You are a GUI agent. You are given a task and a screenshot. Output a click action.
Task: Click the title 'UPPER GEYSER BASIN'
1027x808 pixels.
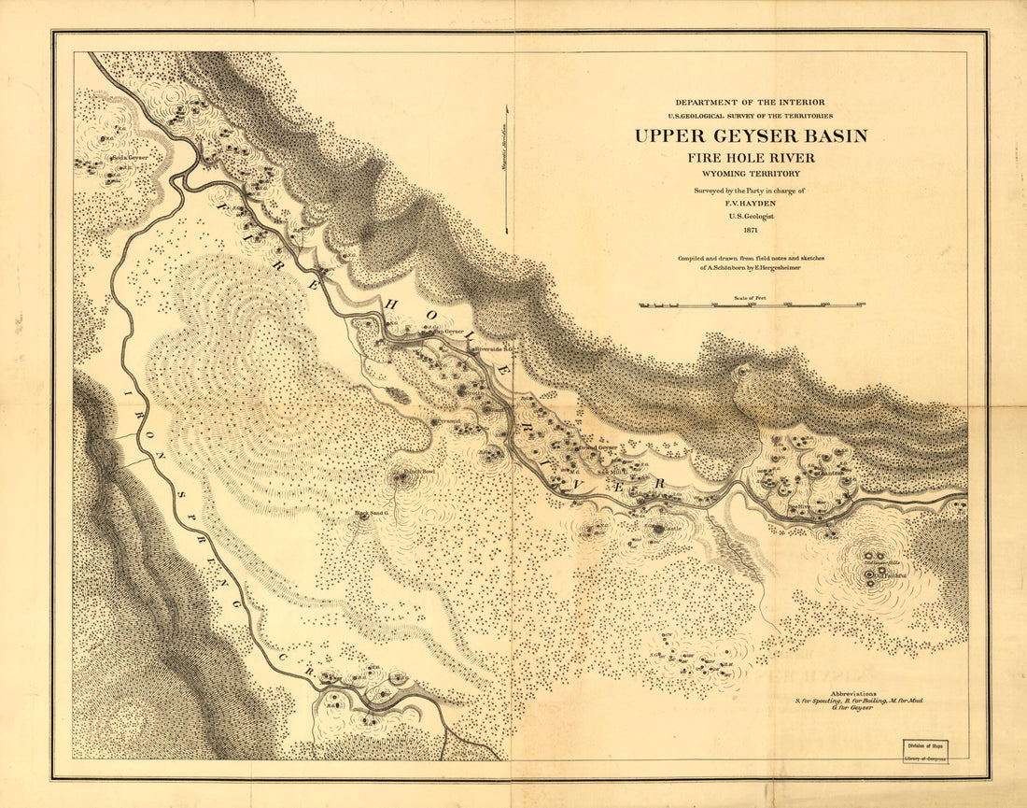[x=751, y=135]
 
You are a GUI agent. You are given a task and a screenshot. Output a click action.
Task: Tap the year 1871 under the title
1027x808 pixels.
[x=751, y=230]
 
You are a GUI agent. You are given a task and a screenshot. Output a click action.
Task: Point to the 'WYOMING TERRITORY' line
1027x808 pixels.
[x=751, y=174]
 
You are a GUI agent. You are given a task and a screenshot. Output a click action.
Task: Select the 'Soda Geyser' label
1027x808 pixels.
[x=130, y=158]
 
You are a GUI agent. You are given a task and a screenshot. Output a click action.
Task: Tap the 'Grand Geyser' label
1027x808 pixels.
[x=598, y=448]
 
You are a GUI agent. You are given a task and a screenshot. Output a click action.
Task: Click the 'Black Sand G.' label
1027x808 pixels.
[x=371, y=513]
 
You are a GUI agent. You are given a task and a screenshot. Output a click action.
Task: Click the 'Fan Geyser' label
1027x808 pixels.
[x=445, y=331]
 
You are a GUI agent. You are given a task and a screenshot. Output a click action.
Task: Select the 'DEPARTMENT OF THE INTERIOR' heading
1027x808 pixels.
[x=751, y=102]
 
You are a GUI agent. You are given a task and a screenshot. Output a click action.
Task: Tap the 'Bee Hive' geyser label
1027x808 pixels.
[x=800, y=507]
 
